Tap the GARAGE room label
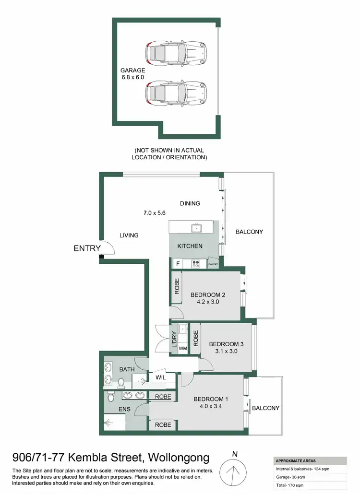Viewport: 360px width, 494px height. (133, 70)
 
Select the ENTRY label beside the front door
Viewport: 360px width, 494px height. (87, 248)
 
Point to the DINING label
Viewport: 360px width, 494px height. (190, 203)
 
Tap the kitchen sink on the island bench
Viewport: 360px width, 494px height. (196, 227)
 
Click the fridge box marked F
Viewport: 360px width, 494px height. (178, 263)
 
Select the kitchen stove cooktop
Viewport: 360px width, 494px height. (196, 263)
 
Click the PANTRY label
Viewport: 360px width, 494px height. (213, 264)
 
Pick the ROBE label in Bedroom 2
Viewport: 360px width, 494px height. (177, 286)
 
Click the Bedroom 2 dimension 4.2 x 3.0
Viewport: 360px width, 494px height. (207, 302)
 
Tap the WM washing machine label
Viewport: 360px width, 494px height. (182, 349)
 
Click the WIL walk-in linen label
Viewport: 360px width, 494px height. (160, 378)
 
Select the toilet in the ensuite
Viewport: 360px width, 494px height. (111, 397)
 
